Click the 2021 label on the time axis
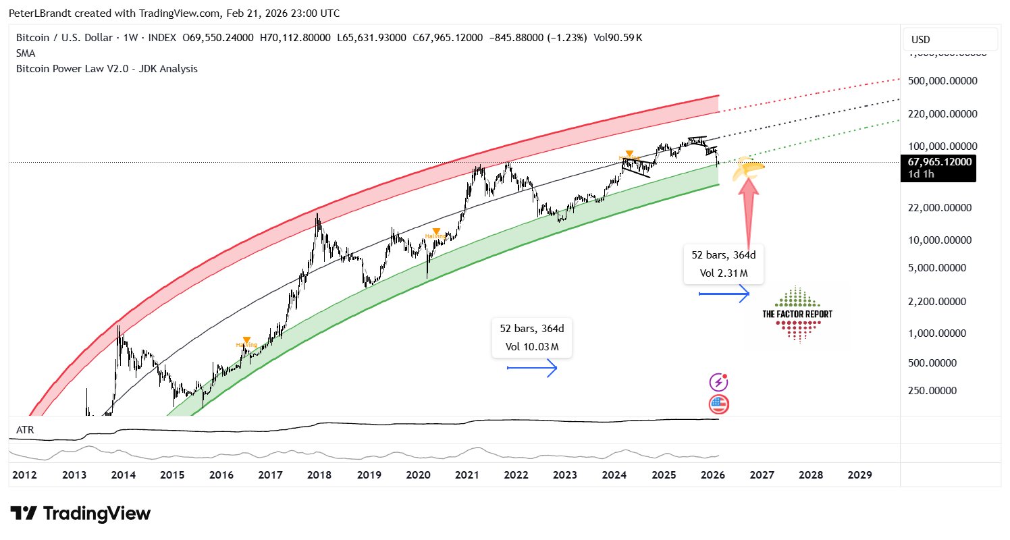click(x=467, y=475)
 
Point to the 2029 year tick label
click(x=859, y=475)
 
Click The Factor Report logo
click(x=797, y=314)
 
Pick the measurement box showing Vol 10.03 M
click(x=531, y=338)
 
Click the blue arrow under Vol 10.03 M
click(x=532, y=368)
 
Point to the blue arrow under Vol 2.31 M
click(x=724, y=294)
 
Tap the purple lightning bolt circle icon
click(x=719, y=383)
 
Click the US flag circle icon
click(x=719, y=404)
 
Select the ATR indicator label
click(x=25, y=429)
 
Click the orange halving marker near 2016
click(x=246, y=341)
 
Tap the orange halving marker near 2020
click(x=436, y=232)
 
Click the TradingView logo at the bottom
click(x=80, y=514)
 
